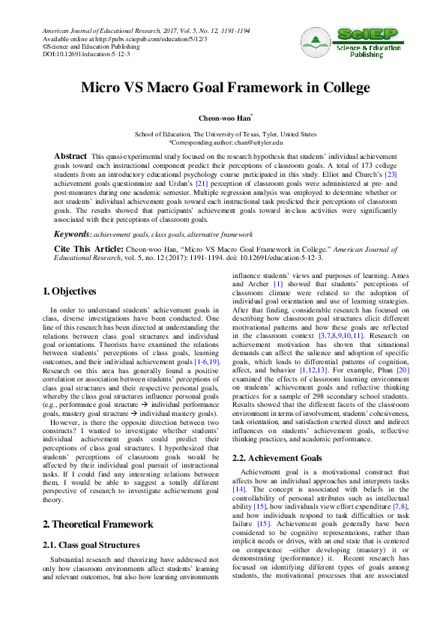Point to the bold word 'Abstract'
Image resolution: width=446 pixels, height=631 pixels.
(x=70, y=156)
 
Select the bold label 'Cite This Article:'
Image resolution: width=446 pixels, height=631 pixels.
(x=88, y=247)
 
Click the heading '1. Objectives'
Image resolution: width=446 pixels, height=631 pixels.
(x=69, y=291)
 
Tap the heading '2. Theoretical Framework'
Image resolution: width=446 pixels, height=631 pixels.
(x=98, y=524)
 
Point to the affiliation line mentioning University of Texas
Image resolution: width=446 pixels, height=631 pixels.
(x=225, y=134)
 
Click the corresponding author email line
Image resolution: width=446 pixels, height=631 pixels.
(x=225, y=142)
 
